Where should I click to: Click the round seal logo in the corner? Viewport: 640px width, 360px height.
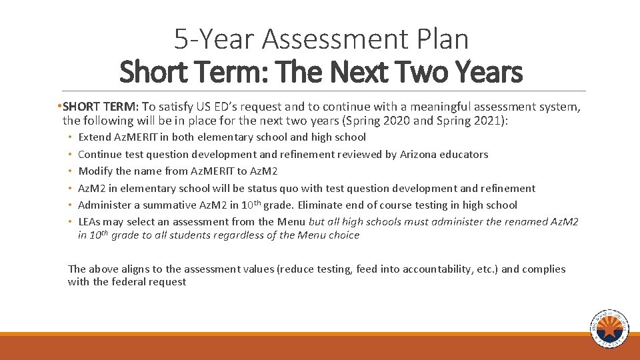pyautogui.click(x=609, y=329)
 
